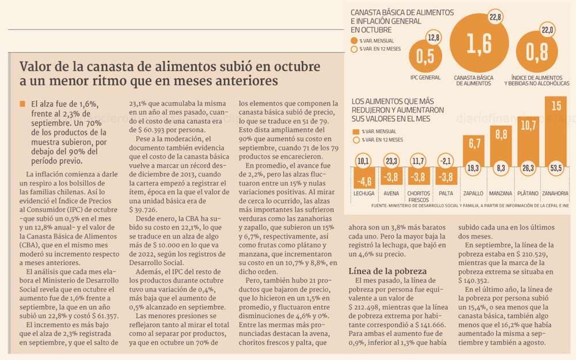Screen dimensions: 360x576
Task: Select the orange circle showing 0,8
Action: (537, 52)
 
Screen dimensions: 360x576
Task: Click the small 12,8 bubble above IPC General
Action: (434, 37)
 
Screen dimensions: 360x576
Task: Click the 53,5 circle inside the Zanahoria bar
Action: (556, 169)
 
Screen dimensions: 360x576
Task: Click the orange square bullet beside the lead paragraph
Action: (22, 104)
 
